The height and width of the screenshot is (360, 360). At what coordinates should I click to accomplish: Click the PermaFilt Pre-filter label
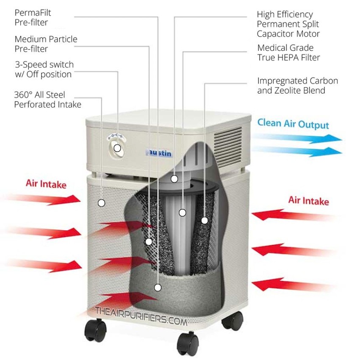click(x=33, y=17)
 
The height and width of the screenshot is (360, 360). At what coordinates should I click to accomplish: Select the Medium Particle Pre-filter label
click(x=46, y=44)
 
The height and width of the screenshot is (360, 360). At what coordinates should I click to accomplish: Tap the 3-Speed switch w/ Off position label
click(x=44, y=69)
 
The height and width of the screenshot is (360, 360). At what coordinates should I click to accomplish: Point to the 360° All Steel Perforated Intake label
click(x=47, y=100)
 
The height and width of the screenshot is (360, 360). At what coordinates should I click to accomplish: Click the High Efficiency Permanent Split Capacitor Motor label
click(x=288, y=24)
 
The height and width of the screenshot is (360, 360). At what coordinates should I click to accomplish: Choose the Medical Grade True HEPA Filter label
click(x=288, y=53)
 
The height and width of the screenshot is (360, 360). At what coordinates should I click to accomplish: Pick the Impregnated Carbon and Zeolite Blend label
click(x=297, y=85)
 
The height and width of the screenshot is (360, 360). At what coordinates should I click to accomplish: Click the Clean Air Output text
click(x=293, y=124)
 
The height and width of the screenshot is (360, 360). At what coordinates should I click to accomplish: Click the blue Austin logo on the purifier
click(x=160, y=153)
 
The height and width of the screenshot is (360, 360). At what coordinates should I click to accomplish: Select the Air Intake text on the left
click(x=46, y=184)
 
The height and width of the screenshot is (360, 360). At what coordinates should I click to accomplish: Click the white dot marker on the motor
click(x=174, y=179)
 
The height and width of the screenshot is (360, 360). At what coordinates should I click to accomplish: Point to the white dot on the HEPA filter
click(x=182, y=213)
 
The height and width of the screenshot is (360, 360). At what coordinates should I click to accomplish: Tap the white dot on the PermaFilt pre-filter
click(x=158, y=288)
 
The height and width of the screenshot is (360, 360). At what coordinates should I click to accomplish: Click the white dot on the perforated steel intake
click(x=101, y=203)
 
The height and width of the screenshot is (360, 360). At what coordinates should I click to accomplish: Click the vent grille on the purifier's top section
click(x=229, y=140)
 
